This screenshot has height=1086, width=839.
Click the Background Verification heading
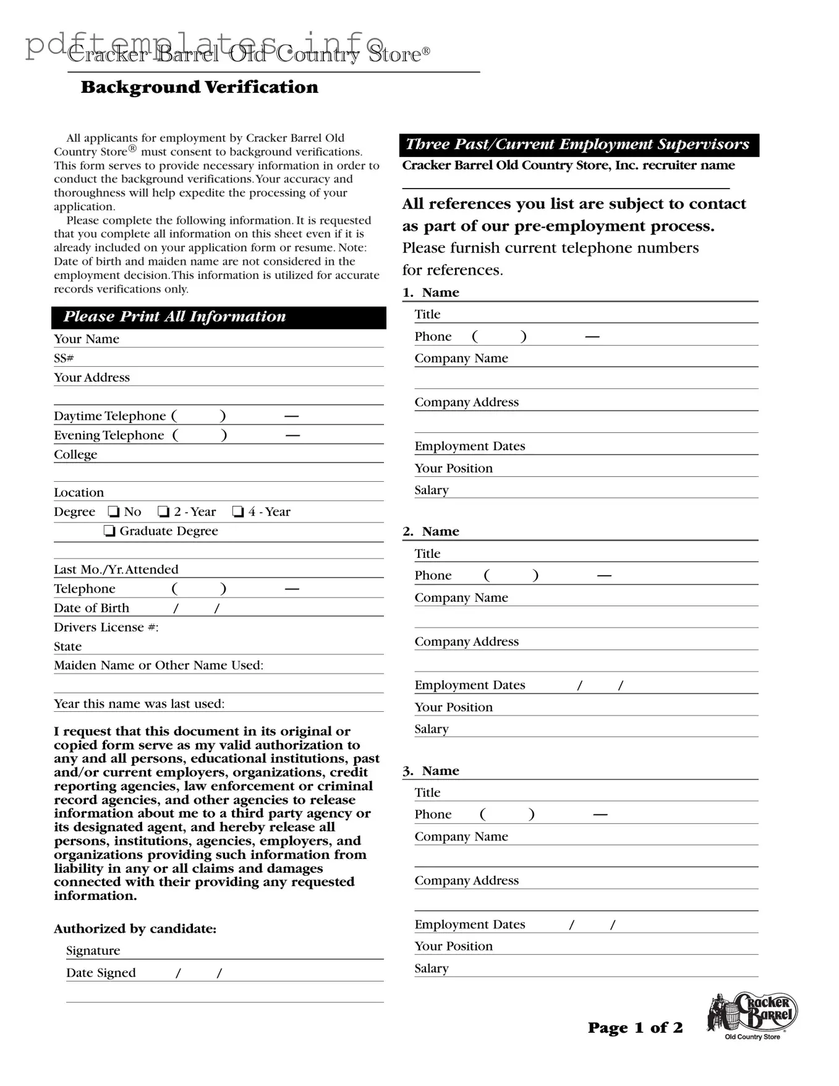pos(199,87)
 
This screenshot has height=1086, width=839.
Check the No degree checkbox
pos(114,511)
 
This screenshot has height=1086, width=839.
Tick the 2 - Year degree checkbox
pos(164,511)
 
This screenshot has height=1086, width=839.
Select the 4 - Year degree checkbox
pos(238,511)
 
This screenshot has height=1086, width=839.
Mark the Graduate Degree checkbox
pos(109,531)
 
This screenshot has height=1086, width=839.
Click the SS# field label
pos(64,358)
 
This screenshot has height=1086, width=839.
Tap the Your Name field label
pos(87,339)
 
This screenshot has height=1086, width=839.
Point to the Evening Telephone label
pos(109,435)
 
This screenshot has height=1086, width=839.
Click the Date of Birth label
pos(92,608)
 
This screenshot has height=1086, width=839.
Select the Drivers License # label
pos(106,627)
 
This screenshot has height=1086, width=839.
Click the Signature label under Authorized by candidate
pos(93,951)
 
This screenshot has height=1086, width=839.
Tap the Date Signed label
pos(101,973)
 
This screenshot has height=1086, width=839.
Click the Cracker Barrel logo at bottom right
pos(752,1016)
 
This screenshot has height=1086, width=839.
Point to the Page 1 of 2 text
pos(635,1028)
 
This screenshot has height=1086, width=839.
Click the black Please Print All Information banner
pos(219,317)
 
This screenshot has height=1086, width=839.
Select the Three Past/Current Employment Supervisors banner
pos(579,145)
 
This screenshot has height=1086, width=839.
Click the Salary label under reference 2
pos(432,729)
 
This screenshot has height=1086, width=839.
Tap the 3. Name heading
pos(431,771)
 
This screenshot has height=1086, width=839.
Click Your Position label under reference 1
pos(453,468)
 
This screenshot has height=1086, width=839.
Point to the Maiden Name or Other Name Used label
pos(158,665)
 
